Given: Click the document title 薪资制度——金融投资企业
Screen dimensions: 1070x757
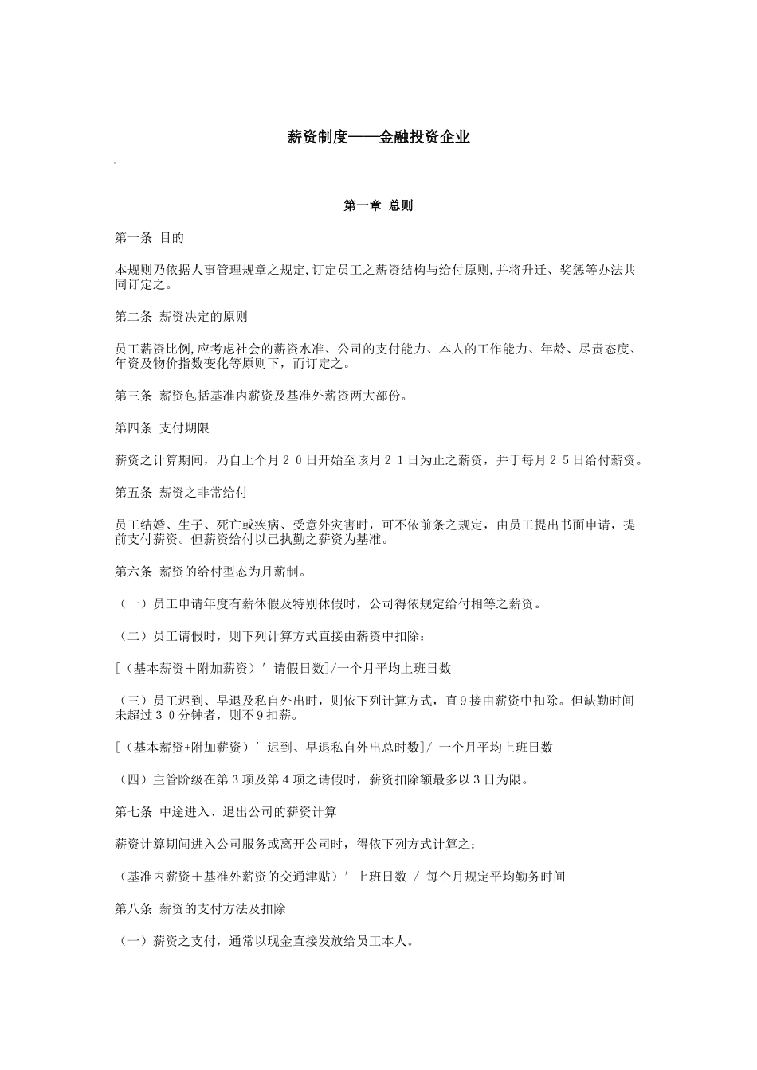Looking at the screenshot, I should (x=378, y=137).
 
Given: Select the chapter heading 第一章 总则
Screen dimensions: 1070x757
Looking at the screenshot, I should (x=378, y=206).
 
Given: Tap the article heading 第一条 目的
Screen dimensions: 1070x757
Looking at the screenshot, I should (x=150, y=238).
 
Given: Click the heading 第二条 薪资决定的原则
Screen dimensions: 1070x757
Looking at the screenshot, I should (x=181, y=317).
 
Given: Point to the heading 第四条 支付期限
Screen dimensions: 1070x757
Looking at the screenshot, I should (x=163, y=428).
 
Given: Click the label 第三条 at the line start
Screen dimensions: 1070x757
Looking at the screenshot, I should (x=133, y=396).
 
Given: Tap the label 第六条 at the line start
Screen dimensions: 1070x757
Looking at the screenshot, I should (x=133, y=572).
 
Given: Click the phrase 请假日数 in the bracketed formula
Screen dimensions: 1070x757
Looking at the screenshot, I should (x=300, y=668).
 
